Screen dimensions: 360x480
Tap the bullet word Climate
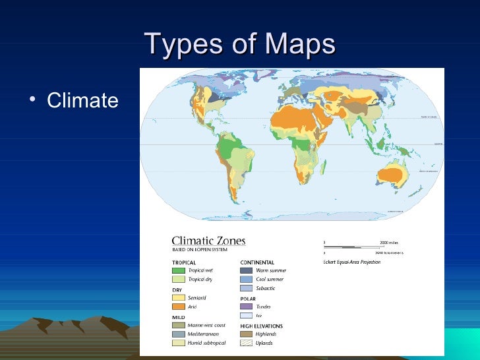tap(82, 101)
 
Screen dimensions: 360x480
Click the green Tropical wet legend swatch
tap(178, 270)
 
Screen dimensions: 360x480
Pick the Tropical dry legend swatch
tap(178, 279)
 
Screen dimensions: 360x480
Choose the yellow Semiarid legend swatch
tap(178, 297)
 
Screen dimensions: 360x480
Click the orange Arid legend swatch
tap(178, 307)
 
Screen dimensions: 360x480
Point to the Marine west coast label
tap(206, 325)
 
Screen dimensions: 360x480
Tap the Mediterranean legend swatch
tap(178, 334)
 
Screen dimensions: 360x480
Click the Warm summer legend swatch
tap(246, 270)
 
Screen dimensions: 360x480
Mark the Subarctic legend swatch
tap(246, 288)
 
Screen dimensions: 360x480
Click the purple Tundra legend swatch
tap(246, 307)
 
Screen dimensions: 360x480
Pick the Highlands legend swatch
tap(246, 334)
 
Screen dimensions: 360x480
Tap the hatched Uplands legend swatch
tap(246, 343)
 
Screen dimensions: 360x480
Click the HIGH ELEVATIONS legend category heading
tap(261, 326)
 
